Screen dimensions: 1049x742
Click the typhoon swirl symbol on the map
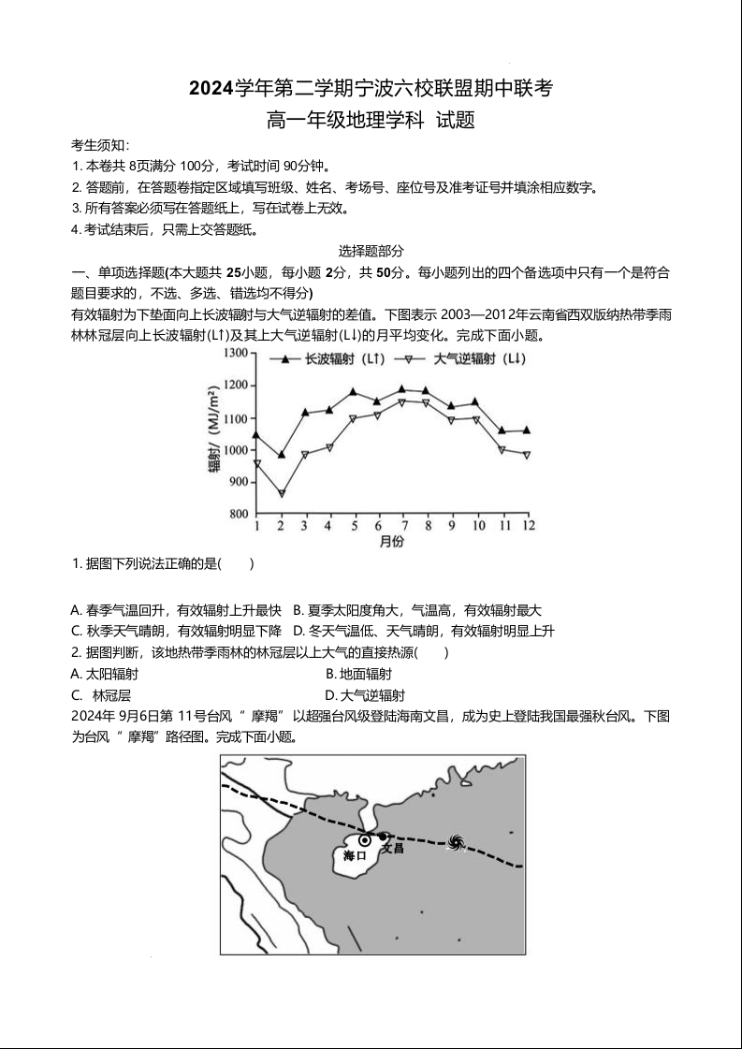coord(456,844)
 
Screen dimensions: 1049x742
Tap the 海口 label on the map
coord(354,856)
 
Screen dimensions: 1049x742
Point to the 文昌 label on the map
coord(393,848)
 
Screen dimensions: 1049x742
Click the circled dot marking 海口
coord(365,840)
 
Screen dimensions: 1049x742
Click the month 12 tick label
coord(528,527)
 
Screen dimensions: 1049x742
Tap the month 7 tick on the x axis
coord(403,527)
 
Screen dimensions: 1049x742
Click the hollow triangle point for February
coord(281,494)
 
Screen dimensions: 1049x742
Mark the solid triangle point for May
coord(354,392)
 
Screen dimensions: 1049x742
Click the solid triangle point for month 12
coord(527,430)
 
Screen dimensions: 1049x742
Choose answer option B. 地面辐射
coord(358,674)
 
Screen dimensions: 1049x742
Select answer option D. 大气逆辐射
coord(364,695)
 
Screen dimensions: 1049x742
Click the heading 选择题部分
coord(371,251)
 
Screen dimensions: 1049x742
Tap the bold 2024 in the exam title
coord(211,89)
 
